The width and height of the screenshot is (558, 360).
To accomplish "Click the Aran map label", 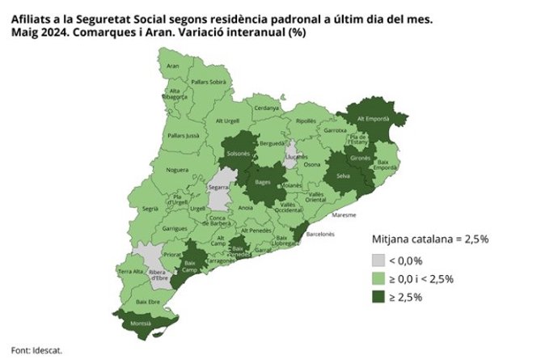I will (172, 66).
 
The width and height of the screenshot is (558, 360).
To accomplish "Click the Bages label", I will (264, 182).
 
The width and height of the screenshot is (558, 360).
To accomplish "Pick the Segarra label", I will (218, 187).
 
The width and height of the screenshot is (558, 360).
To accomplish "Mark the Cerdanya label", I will (266, 108).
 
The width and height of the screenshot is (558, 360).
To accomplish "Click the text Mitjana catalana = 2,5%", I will (429, 239).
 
